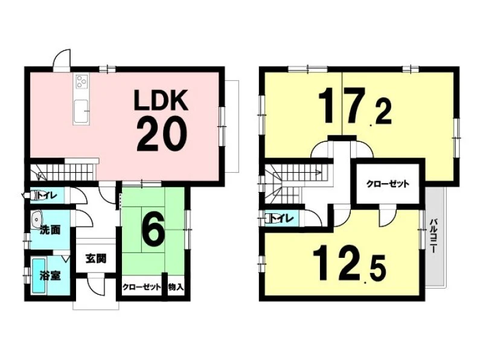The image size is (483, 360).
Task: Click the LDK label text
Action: pyautogui.click(x=161, y=100)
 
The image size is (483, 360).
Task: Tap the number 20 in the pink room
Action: pyautogui.click(x=162, y=135)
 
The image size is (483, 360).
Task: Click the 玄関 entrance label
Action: pyautogui.click(x=96, y=259)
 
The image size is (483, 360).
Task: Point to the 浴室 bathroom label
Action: pyautogui.click(x=50, y=276)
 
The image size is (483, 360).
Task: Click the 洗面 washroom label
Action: pyautogui.click(x=50, y=230)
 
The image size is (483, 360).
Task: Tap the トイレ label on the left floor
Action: pyautogui.click(x=47, y=195)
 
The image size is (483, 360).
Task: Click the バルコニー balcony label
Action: pyautogui.click(x=434, y=235)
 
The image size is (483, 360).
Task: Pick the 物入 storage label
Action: pyautogui.click(x=176, y=287)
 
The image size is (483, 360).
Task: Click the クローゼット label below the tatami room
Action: pyautogui.click(x=142, y=287)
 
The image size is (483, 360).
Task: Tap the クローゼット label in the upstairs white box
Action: pyautogui.click(x=388, y=184)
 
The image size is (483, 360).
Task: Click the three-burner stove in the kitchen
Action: pyautogui.click(x=81, y=82)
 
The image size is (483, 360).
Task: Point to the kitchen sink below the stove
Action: pyautogui.click(x=81, y=110)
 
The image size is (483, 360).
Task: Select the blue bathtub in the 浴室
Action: pyautogui.click(x=39, y=276)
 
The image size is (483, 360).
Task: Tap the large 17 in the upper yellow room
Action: pyautogui.click(x=342, y=104)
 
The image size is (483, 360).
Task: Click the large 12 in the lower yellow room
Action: pyautogui.click(x=337, y=262)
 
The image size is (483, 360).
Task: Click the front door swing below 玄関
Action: pyautogui.click(x=96, y=285)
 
